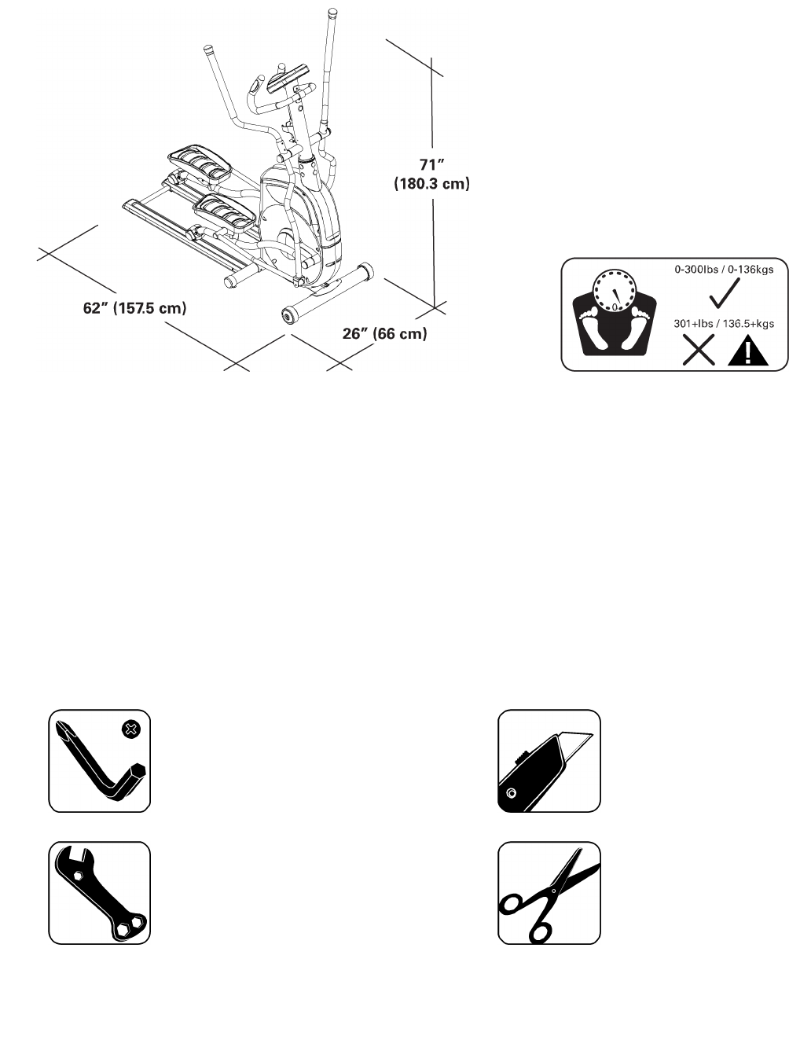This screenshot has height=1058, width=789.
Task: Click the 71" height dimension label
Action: coord(431,165)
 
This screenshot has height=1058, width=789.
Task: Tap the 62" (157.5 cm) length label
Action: coord(135,308)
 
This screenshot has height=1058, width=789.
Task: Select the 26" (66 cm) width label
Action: coord(385,333)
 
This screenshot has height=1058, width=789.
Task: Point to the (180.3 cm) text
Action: coord(431,184)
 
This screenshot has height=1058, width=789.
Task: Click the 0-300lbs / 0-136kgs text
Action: coord(724,270)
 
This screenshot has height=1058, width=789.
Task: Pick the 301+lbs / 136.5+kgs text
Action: coord(724,323)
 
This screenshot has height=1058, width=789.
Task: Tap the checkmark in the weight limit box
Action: coord(724,294)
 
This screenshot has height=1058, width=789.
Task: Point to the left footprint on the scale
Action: coord(592,328)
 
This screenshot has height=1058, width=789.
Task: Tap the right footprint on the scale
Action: coord(638,328)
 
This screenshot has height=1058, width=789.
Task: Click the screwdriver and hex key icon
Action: coord(100,761)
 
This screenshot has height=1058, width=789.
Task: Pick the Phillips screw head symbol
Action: coord(131,729)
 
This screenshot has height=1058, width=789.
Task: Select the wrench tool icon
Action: coord(100,893)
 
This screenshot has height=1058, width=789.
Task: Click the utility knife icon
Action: coord(549,761)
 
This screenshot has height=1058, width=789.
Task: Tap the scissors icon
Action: coord(549,893)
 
